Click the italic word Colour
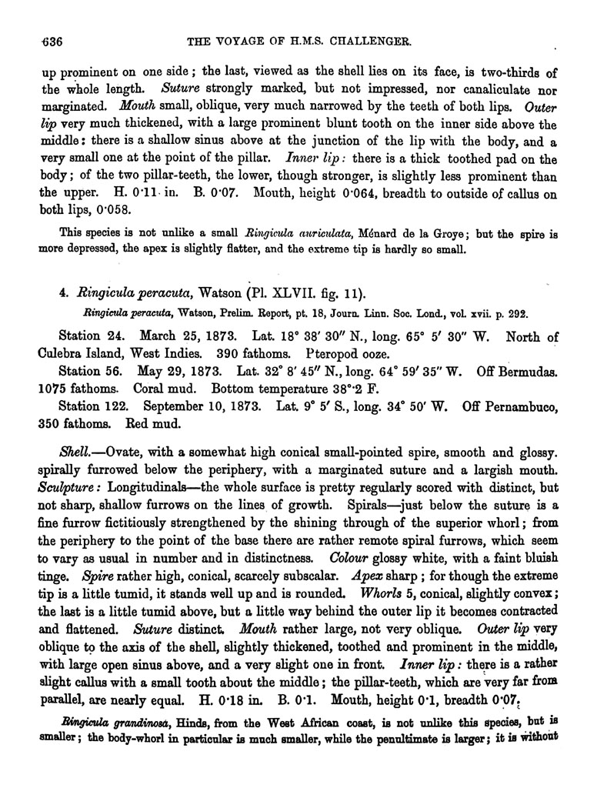coord(350,559)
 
